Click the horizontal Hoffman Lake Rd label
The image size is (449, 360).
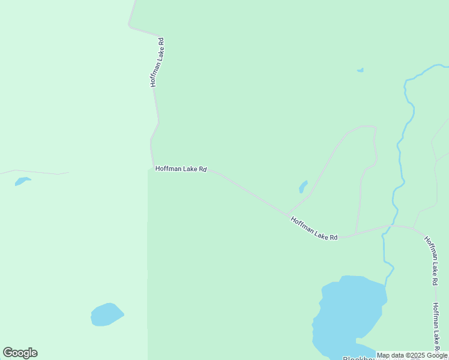181,169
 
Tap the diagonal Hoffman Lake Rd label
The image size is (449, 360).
313,229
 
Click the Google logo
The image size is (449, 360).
20,353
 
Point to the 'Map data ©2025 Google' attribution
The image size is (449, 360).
412,355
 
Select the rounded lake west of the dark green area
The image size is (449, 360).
107,314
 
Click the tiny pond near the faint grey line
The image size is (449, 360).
22,181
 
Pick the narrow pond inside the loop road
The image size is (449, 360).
303,187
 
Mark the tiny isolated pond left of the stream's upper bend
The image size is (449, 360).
360,70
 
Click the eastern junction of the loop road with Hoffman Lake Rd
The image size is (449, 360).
356,233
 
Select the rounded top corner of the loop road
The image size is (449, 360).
371,127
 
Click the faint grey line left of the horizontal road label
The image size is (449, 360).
36,172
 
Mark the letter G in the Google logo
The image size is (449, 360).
8,353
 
